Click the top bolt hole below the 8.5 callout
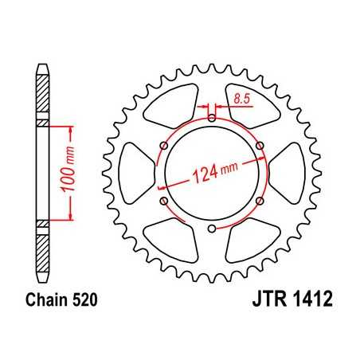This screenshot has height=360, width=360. pyautogui.click(x=211, y=119)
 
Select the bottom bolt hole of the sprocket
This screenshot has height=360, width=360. pyautogui.click(x=211, y=230)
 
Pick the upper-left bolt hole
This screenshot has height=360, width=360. pyautogui.click(x=163, y=147)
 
